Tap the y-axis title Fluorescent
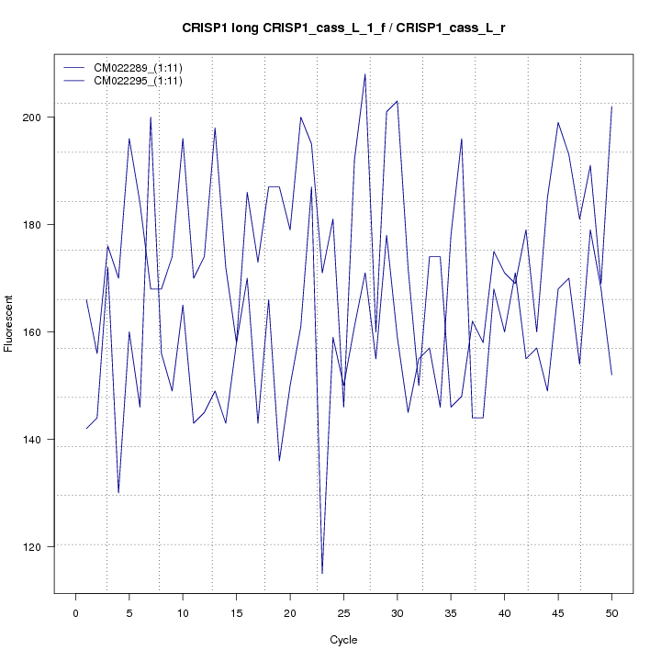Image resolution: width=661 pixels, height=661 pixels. (x=9, y=323)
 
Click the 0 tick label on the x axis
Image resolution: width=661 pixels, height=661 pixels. (x=75, y=613)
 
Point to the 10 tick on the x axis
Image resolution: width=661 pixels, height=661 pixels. (x=183, y=613)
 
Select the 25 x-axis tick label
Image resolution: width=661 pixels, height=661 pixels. (x=343, y=613)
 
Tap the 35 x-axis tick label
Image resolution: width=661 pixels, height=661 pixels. (x=451, y=613)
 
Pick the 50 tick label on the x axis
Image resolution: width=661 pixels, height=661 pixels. (x=611, y=613)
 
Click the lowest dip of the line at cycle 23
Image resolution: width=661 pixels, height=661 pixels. (x=322, y=574)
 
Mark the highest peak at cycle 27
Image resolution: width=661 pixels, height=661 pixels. (x=365, y=74)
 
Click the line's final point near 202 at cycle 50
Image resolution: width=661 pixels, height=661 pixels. (x=611, y=106)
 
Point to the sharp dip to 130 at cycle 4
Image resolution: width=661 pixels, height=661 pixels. (x=118, y=493)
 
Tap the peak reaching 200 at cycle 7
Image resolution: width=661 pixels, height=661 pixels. (x=151, y=118)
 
